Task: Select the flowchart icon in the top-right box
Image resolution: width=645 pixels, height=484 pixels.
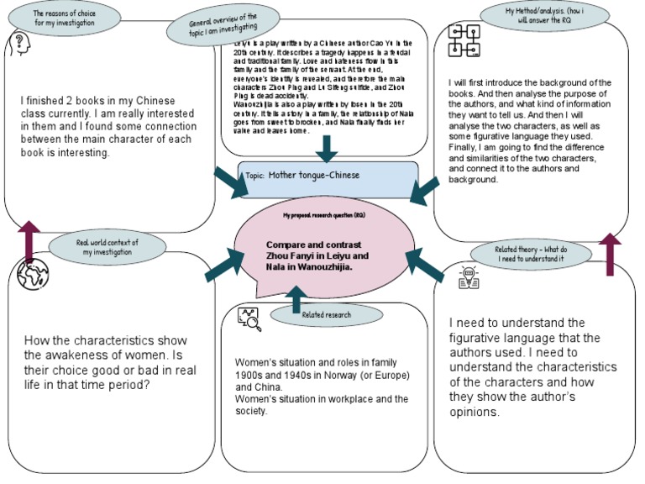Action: coord(463,42)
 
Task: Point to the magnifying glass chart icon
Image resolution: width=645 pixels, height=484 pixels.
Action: coord(249,318)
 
